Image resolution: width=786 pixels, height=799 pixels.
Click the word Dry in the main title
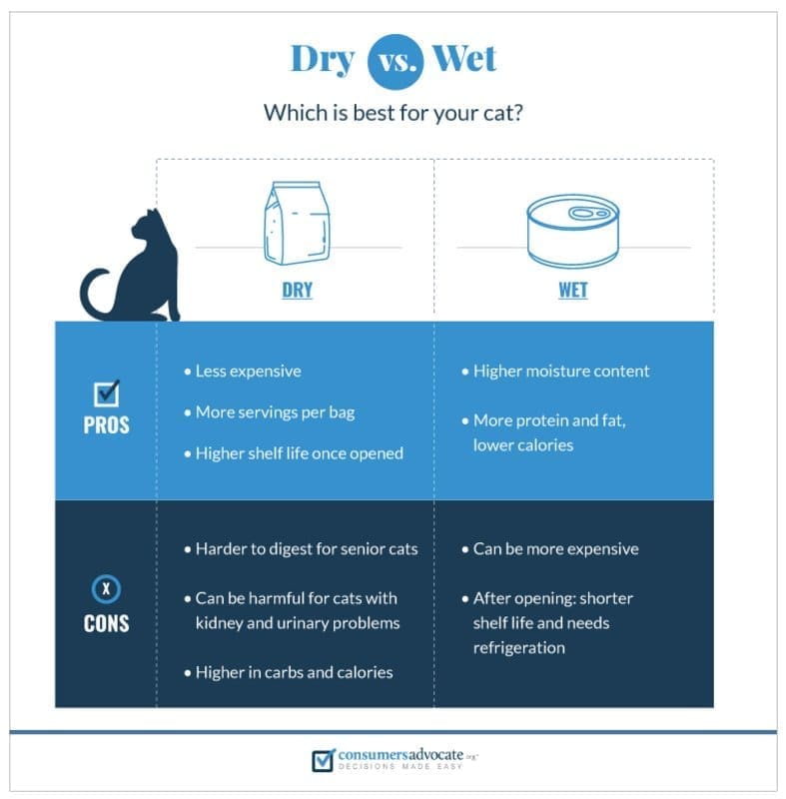click(x=322, y=59)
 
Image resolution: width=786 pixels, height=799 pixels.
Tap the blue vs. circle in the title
click(x=393, y=61)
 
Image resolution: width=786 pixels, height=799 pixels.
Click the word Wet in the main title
click(x=463, y=59)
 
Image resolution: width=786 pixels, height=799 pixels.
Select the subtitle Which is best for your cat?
click(x=393, y=112)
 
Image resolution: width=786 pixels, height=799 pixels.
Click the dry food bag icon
click(x=296, y=224)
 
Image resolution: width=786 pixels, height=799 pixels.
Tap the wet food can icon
click(x=572, y=230)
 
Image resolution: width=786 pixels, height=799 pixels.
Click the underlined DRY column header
click(x=297, y=291)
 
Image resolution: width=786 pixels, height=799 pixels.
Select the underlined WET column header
click(x=572, y=291)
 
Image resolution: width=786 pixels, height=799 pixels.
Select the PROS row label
click(x=106, y=424)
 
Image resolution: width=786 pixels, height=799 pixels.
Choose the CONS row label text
click(x=106, y=624)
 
